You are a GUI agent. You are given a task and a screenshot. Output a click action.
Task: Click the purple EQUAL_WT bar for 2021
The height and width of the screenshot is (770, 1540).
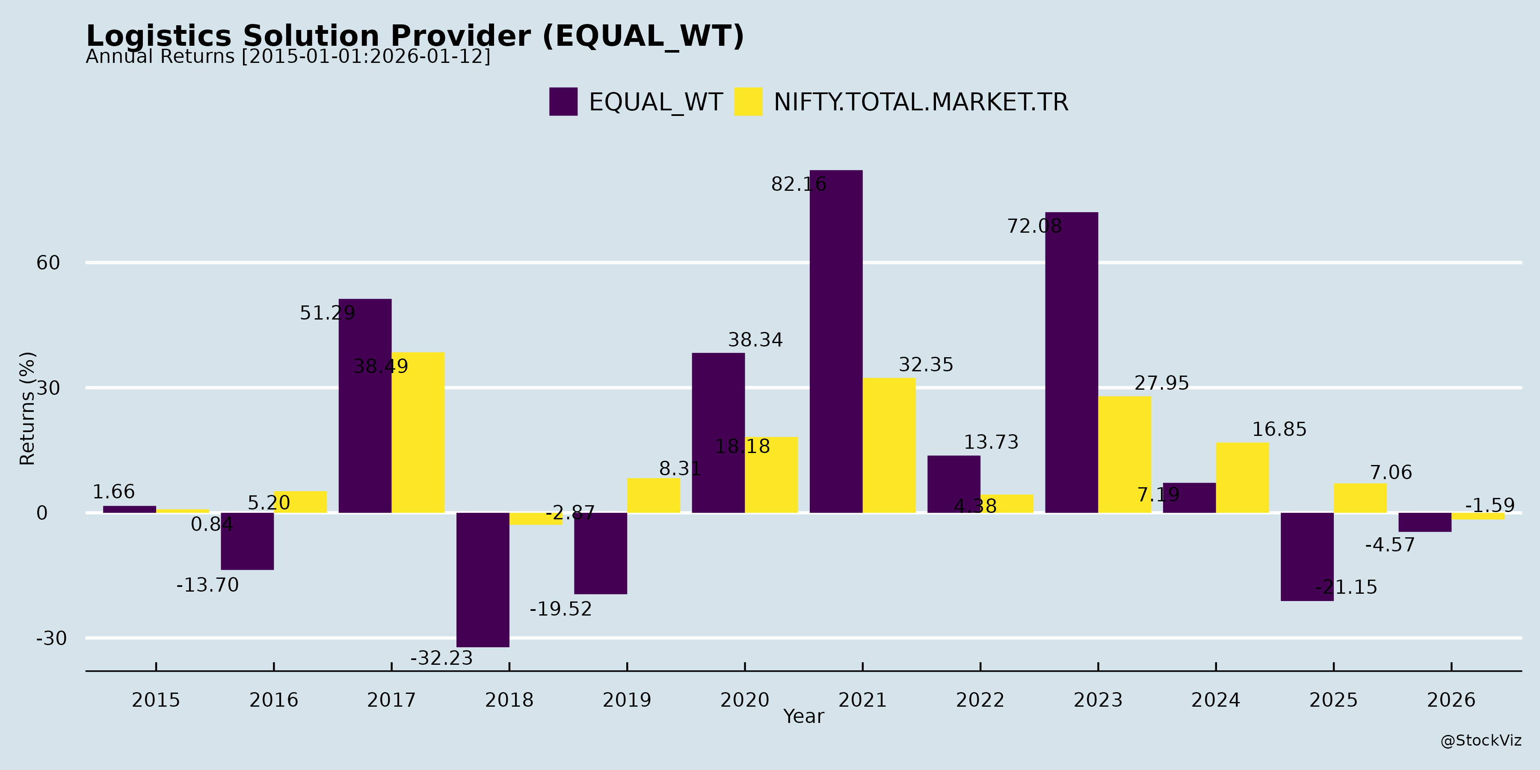pyautogui.click(x=836, y=341)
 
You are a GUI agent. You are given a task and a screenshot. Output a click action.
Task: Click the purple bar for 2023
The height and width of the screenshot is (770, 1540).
pyautogui.click(x=1071, y=362)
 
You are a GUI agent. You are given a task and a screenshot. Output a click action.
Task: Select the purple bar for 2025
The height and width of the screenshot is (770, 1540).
pyautogui.click(x=1307, y=556)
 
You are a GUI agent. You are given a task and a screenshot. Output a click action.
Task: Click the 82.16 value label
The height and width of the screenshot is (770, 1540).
pyautogui.click(x=799, y=184)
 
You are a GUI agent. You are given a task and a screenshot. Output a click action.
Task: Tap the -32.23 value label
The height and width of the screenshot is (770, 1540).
pyautogui.click(x=441, y=658)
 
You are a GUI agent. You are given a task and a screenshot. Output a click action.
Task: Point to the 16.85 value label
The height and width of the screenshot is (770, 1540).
pyautogui.click(x=1279, y=429)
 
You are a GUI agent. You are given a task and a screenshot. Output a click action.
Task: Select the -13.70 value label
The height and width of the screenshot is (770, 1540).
pyautogui.click(x=207, y=585)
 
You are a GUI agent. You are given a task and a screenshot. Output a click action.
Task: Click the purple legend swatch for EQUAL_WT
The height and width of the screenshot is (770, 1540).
pyautogui.click(x=563, y=102)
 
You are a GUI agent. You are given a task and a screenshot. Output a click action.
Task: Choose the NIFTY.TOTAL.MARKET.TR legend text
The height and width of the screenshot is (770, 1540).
pyautogui.click(x=921, y=102)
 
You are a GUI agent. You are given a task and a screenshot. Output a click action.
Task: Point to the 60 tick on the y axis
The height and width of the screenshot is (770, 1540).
pyautogui.click(x=48, y=263)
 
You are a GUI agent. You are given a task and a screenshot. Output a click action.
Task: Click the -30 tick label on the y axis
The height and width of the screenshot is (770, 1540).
pyautogui.click(x=51, y=639)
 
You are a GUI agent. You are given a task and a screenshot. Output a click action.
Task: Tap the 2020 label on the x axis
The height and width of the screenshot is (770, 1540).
pyautogui.click(x=744, y=700)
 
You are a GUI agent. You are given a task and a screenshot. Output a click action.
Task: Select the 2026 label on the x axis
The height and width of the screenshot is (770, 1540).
pyautogui.click(x=1451, y=700)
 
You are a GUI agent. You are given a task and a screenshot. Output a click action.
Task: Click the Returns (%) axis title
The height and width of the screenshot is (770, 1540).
pyautogui.click(x=27, y=409)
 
